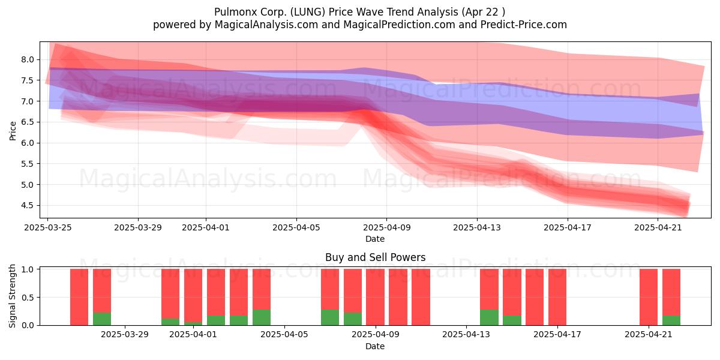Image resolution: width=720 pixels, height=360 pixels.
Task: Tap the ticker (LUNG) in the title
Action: point(308,12)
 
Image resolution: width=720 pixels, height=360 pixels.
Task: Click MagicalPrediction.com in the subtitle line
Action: point(399,25)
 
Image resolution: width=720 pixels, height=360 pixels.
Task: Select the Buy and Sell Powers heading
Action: point(375,257)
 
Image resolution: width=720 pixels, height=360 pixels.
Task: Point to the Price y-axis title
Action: point(13,131)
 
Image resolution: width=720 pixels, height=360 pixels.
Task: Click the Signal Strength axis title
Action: point(13,296)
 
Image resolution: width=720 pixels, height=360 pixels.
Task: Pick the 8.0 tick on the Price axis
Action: point(28,60)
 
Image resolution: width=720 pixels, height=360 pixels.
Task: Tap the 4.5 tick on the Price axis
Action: point(28,205)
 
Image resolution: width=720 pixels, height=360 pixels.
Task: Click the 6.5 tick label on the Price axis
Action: point(28,122)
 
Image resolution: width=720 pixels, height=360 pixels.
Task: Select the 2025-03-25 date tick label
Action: point(48,227)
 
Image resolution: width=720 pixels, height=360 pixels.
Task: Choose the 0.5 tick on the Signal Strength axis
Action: point(28,298)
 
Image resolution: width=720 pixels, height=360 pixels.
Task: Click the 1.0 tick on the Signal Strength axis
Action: point(28,269)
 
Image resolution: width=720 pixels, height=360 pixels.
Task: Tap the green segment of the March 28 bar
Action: point(102,319)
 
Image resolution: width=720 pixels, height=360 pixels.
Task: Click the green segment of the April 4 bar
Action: point(262,317)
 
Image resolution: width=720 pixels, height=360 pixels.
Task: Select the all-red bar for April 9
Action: point(376,297)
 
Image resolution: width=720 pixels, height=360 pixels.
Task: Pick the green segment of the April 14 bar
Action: point(489,317)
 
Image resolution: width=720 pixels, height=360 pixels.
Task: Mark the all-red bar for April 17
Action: point(557,297)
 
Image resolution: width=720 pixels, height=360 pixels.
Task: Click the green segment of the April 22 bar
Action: point(671,320)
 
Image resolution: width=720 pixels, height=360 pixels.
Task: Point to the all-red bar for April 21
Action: point(649,297)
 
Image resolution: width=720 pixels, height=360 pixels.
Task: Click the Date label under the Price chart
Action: point(375,239)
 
